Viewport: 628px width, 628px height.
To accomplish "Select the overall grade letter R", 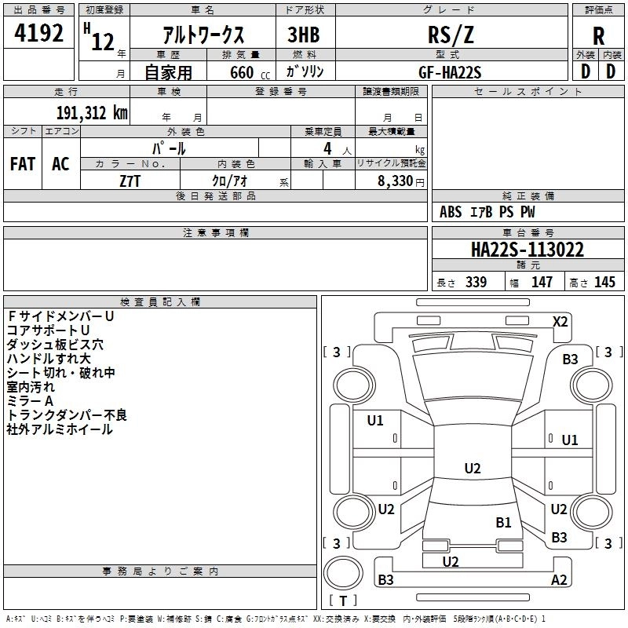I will pos(598,36).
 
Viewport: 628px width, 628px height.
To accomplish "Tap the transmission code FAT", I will pos(22,163).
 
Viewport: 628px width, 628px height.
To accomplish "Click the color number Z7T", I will pos(130,180).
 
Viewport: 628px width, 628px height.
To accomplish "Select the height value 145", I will pos(604,283).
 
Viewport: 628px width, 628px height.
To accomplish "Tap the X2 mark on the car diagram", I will pos(560,321).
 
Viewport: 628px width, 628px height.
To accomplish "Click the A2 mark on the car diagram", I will pos(559,580).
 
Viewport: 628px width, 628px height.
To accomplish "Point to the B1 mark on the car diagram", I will pos(503,522).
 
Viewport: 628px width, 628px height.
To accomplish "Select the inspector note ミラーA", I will pos(31,401).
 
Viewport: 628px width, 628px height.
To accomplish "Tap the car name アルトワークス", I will pos(203,35).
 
